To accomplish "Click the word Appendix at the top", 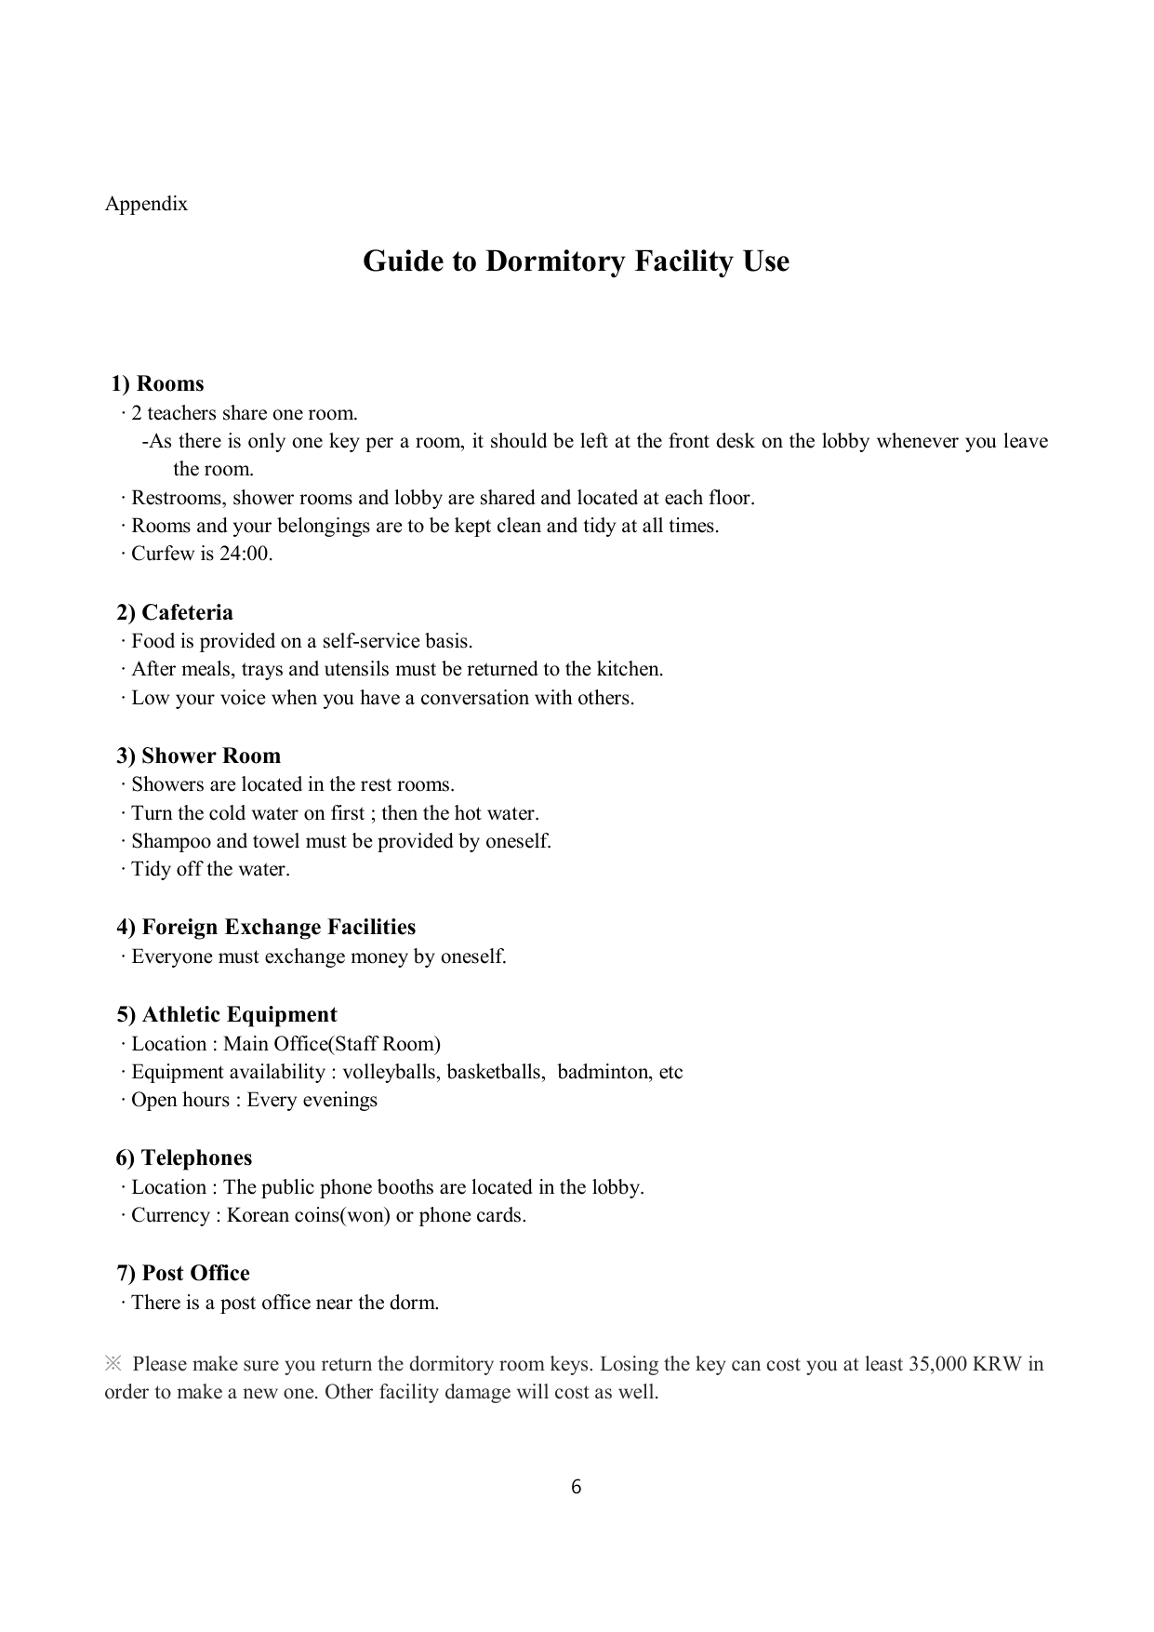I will pos(146,204).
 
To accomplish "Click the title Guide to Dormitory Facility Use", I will pos(576,261).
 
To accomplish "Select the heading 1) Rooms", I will pos(157,383).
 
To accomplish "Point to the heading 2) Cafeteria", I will pos(175,612).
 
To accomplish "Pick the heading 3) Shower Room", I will pos(198,756).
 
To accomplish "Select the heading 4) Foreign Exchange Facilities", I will pos(266,927).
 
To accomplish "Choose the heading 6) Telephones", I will pos(184,1157).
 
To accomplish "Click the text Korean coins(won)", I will pos(309,1215).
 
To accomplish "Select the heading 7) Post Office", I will pos(183,1273).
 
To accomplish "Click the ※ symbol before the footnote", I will pos(113,1364).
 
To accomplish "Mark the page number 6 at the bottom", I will pos(577,1487).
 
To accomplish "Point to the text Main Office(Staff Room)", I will pos(332,1044).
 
